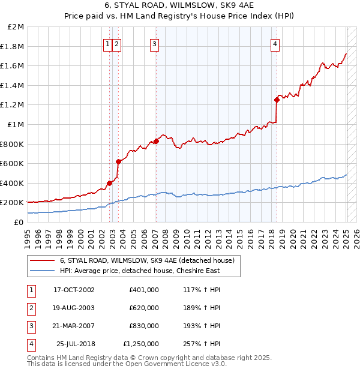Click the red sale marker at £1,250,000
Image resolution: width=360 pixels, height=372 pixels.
point(277,100)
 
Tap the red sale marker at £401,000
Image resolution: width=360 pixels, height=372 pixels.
point(110,183)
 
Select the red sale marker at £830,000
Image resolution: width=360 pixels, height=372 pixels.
point(156,141)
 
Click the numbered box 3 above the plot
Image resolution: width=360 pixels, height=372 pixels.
point(154,43)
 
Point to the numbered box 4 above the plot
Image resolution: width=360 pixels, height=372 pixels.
point(275,43)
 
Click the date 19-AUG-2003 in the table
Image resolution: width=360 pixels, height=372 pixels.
point(74,308)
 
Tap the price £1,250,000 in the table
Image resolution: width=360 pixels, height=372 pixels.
point(140,344)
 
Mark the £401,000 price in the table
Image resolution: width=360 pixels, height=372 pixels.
point(144,290)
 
